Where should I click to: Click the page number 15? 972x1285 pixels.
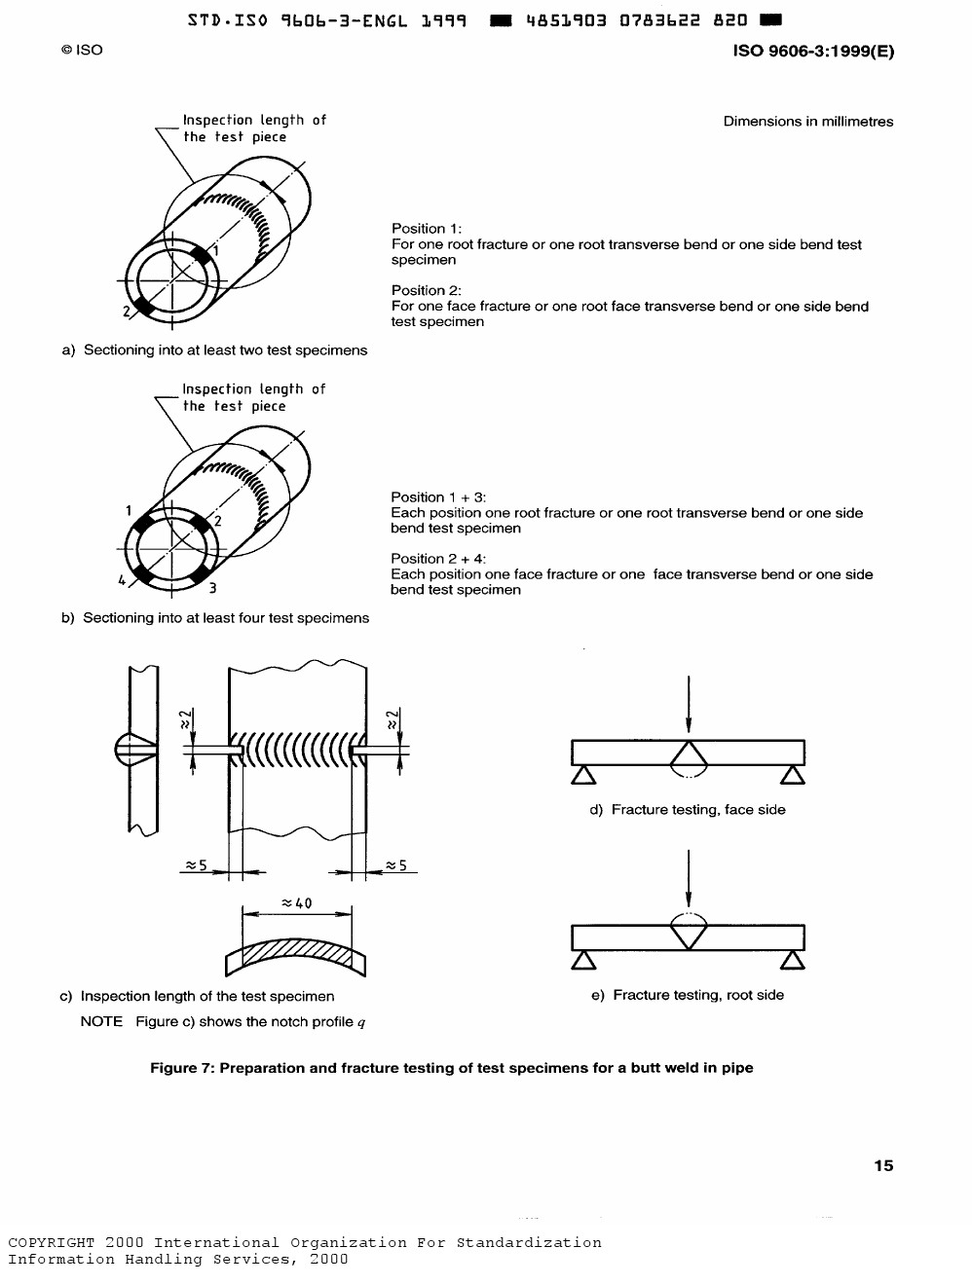[x=883, y=1165]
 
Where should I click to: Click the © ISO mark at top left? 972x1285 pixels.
[x=82, y=50]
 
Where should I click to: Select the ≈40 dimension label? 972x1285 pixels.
[x=297, y=903]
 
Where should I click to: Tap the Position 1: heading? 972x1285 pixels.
[x=427, y=229]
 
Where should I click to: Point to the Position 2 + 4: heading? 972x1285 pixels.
[x=438, y=559]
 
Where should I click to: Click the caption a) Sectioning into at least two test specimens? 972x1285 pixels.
[x=214, y=350]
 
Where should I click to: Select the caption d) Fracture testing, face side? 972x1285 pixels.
[x=688, y=810]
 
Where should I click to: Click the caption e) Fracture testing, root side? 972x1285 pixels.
[x=688, y=995]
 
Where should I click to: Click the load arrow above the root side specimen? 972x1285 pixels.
[x=689, y=878]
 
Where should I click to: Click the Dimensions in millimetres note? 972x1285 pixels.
[x=808, y=122]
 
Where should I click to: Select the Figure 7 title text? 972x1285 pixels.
[x=452, y=1068]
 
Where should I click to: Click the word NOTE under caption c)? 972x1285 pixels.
[x=101, y=1021]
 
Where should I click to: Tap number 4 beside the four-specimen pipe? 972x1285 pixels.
[x=122, y=580]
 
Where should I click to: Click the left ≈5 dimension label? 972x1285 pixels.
[x=196, y=864]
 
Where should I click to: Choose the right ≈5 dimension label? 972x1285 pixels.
[x=395, y=864]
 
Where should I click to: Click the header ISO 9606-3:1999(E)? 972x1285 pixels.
[x=813, y=51]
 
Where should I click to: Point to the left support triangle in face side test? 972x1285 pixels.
[x=583, y=775]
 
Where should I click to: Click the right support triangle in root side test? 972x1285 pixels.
[x=793, y=960]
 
